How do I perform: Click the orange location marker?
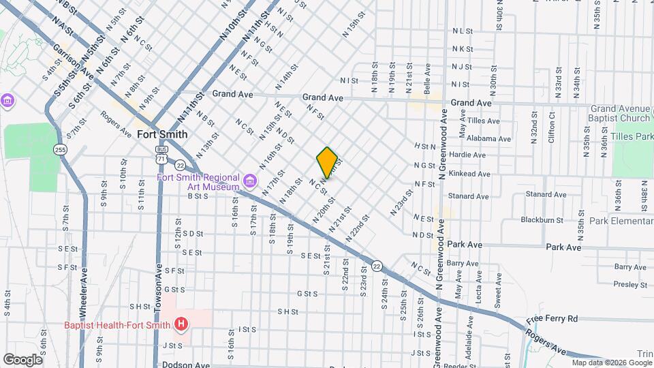[327, 162]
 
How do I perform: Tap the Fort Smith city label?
[162, 134]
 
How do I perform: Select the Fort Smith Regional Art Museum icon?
[250, 181]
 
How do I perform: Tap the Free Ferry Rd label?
[552, 318]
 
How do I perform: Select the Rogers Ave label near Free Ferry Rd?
[544, 342]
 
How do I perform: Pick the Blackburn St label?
[542, 220]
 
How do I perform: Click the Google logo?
[22, 359]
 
